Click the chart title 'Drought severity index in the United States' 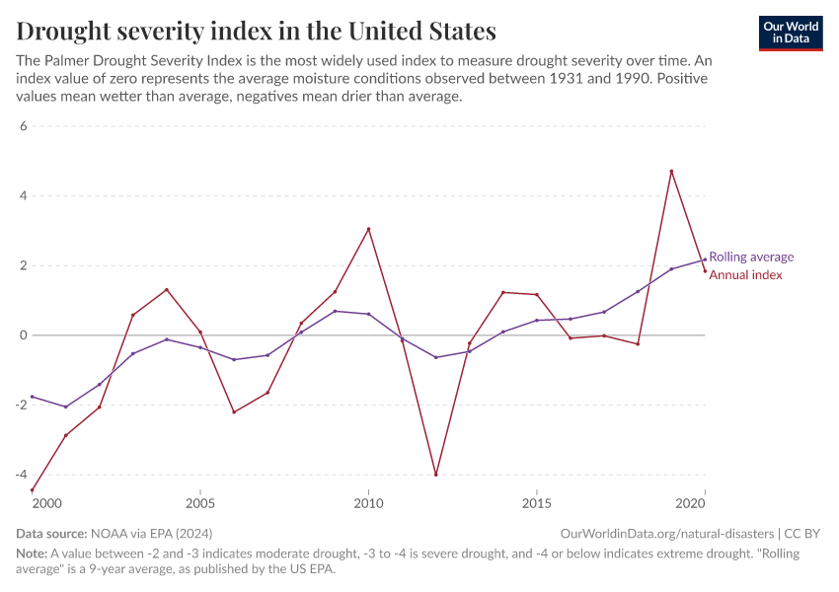coord(256,31)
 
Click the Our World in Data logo coord(790,33)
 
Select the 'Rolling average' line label coord(751,257)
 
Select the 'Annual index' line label coord(745,275)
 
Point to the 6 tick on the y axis coord(23,126)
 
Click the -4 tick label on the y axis coord(20,475)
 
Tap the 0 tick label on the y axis coord(23,335)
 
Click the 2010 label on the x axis coord(368,503)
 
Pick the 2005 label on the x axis coord(200,503)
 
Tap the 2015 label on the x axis coord(536,503)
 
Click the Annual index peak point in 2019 coord(671,172)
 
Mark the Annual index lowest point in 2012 coord(435,475)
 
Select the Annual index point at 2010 coord(368,229)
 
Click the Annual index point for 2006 coord(234,411)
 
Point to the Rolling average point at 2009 coord(335,311)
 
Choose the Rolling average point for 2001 coord(66,407)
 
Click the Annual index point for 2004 coord(167,289)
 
